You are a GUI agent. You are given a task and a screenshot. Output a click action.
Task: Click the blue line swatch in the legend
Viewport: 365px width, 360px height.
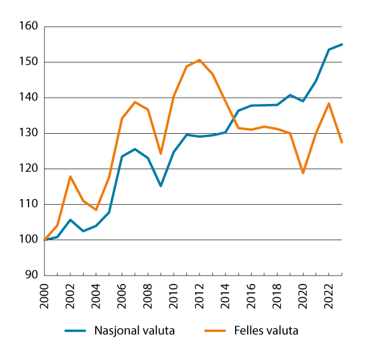pos(75,330)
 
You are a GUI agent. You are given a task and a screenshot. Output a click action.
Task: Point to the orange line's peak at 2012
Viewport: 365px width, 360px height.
pos(200,60)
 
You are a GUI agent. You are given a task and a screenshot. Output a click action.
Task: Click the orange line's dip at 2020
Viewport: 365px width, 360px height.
pos(303,172)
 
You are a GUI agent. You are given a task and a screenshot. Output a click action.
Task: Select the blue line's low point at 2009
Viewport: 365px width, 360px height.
pos(161,186)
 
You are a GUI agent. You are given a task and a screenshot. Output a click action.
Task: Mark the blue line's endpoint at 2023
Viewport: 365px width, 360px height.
pos(342,44)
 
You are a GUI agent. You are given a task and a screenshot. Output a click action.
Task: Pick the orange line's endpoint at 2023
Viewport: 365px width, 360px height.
pos(342,143)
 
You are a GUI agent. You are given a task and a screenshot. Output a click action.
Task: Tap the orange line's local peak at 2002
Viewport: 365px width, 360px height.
pos(71,176)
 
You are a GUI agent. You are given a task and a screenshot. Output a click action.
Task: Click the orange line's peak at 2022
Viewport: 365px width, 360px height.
pos(329,103)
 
